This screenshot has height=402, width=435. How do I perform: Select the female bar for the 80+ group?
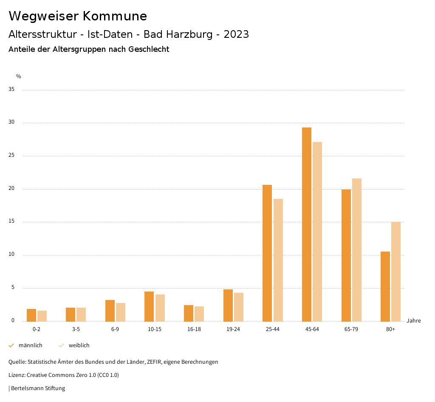pyautogui.click(x=396, y=272)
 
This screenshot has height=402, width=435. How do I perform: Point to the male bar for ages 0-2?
pyautogui.click(x=31, y=315)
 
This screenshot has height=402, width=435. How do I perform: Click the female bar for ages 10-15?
pyautogui.click(x=160, y=308)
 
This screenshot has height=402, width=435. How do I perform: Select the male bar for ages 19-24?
pyautogui.click(x=228, y=305)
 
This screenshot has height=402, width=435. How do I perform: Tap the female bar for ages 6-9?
pyautogui.click(x=121, y=312)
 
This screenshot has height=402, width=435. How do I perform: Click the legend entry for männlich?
pyautogui.click(x=30, y=345)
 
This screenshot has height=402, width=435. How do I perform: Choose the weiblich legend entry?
pyautogui.click(x=79, y=345)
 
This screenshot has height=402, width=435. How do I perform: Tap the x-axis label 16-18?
pyautogui.click(x=194, y=329)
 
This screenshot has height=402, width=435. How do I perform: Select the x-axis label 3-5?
pyautogui.click(x=76, y=329)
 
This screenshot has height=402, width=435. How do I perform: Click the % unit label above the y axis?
pyautogui.click(x=19, y=76)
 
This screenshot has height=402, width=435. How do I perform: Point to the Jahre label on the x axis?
pyautogui.click(x=414, y=321)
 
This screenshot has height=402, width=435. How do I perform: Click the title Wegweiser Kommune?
pyautogui.click(x=78, y=16)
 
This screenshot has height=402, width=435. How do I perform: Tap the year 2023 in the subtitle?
pyautogui.click(x=236, y=34)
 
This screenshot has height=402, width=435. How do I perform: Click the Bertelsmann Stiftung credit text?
pyautogui.click(x=38, y=388)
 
